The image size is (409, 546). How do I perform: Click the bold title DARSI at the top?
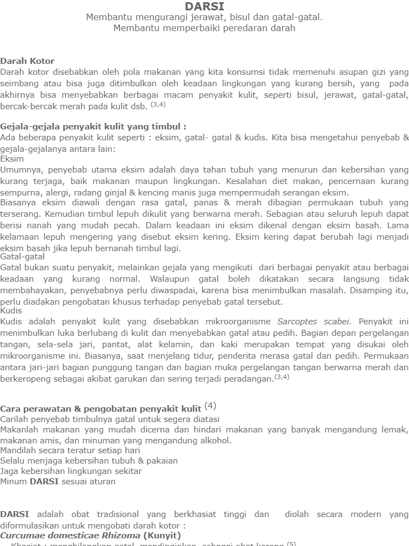pos(204,6)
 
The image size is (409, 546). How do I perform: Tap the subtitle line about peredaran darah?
pos(204,28)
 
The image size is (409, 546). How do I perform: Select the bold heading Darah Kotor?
pos(27,61)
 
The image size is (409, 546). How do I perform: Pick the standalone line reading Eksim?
pos(12,158)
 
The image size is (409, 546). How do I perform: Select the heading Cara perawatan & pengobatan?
pos(100,408)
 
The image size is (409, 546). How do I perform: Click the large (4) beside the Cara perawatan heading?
pos(210,406)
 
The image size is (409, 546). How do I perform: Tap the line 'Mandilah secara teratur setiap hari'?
pos(70,450)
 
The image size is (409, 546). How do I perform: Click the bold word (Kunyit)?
pos(162,535)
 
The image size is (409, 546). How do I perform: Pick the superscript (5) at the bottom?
pos(291,544)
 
